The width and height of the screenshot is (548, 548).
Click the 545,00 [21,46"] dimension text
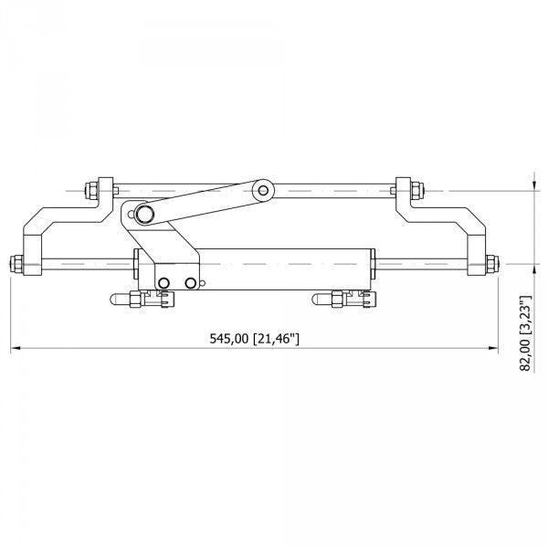point(255,339)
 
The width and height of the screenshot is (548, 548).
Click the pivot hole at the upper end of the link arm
point(264,191)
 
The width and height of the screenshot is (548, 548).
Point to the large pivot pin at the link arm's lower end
point(144,214)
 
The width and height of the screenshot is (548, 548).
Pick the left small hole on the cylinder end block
point(163,284)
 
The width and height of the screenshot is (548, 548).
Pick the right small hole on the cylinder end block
point(190,284)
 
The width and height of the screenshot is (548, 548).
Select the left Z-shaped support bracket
point(55,228)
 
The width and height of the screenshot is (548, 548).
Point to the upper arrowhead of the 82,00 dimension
point(534,187)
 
